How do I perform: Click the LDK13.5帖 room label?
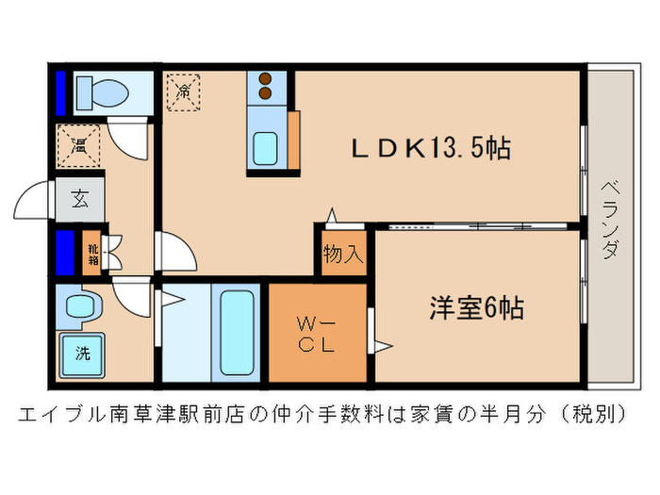431,149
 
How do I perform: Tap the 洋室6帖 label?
477,307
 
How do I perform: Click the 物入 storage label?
343,255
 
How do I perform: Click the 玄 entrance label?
79,199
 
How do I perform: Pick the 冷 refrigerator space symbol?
184,92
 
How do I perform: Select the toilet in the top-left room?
98,92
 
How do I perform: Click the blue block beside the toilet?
60,91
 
